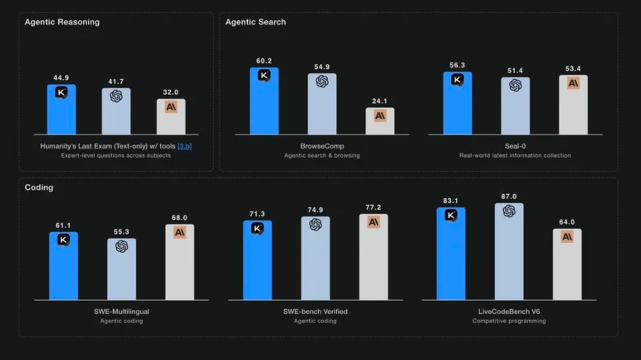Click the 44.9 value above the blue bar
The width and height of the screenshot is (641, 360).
click(61, 78)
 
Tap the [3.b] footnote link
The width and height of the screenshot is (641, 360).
click(184, 146)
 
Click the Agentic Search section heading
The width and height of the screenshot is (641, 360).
click(256, 22)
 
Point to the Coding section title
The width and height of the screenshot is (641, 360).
click(39, 187)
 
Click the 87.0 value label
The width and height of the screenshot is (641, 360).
click(509, 197)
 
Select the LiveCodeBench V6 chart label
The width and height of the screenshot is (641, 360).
click(509, 312)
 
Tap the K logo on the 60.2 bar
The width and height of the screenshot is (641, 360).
click(264, 75)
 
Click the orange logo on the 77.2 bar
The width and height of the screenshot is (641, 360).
click(373, 222)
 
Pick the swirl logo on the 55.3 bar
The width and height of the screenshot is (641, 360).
click(122, 246)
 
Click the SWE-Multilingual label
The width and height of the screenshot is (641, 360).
click(122, 312)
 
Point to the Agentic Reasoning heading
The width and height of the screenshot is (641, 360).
click(62, 22)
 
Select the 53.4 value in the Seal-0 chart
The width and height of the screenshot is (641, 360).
click(573, 69)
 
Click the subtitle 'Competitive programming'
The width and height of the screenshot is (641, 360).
click(509, 321)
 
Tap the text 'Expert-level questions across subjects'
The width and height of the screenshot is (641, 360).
click(116, 156)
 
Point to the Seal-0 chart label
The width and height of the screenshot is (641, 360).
click(515, 146)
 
